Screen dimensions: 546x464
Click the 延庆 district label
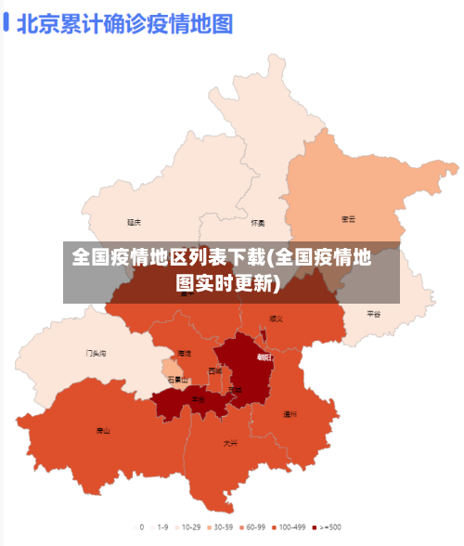coord(135,222)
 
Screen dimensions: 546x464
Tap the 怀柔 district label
coord(258,223)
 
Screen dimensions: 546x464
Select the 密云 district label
coord(349,219)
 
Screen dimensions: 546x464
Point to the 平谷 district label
coord(374,314)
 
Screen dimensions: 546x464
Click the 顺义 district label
coord(276,318)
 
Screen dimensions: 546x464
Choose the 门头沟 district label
coord(96,353)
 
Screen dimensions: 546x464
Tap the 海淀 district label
coord(184,353)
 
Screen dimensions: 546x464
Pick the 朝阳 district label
coord(264,356)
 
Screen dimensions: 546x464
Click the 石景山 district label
coord(177,379)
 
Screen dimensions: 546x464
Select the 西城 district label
coord(215,370)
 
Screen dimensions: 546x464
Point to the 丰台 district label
coord(198,399)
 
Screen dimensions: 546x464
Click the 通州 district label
coord(290,414)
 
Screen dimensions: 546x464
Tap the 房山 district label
coord(102,431)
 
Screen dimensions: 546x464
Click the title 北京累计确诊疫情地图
coord(124,23)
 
